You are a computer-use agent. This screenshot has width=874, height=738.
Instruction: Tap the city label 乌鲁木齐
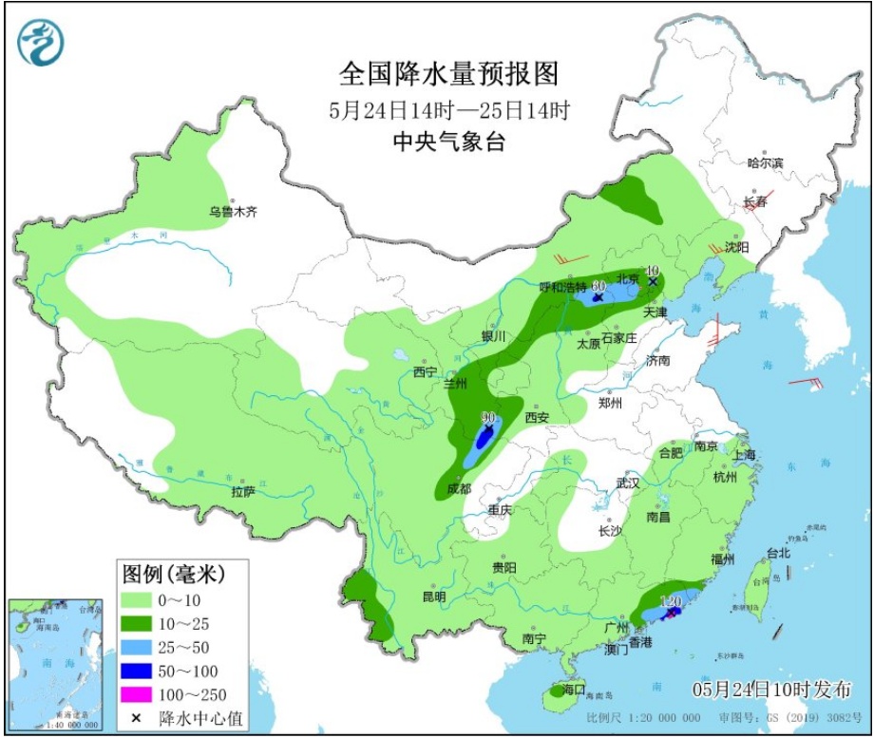[234, 213]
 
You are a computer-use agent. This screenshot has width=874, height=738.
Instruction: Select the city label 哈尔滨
[765, 163]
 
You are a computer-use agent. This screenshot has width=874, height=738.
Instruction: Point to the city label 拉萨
[242, 491]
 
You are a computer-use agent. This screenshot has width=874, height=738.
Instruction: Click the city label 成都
[458, 488]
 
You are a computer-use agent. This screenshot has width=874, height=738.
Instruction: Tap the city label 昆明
[433, 597]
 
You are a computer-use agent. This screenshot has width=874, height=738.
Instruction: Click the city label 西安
[537, 417]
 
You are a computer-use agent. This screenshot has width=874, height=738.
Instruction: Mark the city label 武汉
[627, 483]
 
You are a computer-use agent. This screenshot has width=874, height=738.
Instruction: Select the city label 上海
[743, 455]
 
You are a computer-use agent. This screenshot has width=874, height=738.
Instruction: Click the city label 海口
[573, 689]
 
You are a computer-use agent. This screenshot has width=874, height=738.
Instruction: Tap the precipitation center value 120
[671, 601]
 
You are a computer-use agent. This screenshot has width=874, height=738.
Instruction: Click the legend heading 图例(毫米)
[172, 574]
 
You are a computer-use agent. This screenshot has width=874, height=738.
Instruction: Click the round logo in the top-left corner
[40, 43]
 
